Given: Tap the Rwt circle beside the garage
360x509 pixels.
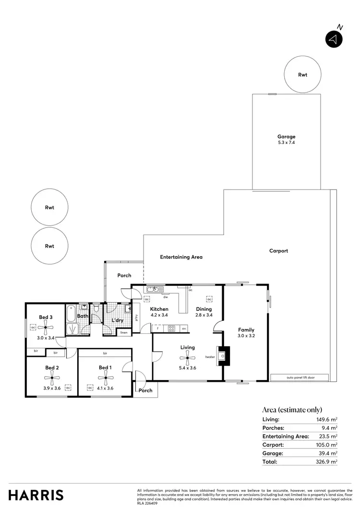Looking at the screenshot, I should coord(302,75).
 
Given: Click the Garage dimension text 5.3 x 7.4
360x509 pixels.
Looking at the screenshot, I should coord(286,143).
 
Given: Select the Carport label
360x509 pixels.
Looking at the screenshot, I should coord(278,251).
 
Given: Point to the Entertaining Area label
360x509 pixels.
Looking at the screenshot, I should coord(181,257).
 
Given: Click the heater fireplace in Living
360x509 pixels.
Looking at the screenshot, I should coord(223,356).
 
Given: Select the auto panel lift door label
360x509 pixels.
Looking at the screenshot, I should coord(300,378).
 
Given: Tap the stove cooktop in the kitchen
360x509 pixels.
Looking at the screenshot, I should coord(171,329).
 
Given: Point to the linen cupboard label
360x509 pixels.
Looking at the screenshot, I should coord(124,332).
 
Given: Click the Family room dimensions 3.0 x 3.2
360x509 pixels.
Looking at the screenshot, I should coord(246,336).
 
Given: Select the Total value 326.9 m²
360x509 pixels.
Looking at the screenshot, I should coord(329,462).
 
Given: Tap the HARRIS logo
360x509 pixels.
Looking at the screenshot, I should coord(36,495).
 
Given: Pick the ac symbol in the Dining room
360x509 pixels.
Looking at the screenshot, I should coord(209,299).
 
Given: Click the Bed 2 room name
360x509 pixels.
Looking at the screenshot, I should coord(52,368).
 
